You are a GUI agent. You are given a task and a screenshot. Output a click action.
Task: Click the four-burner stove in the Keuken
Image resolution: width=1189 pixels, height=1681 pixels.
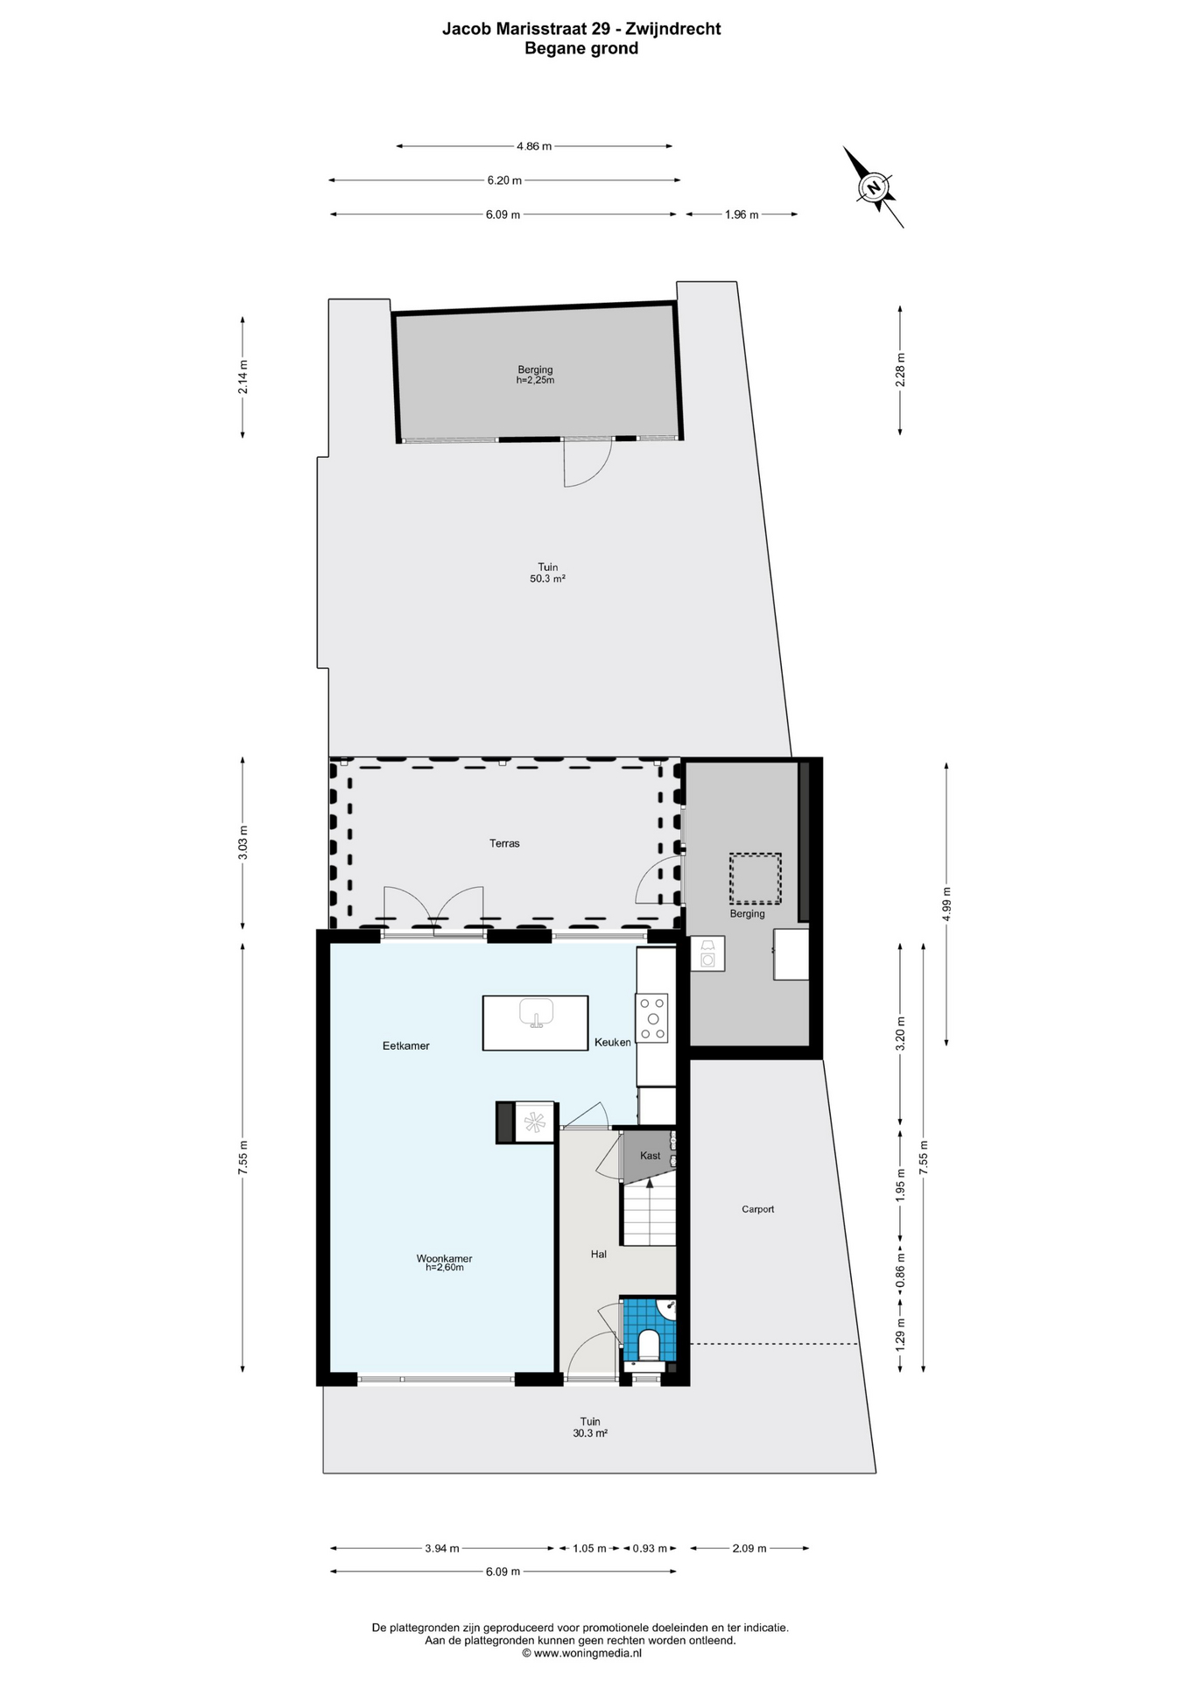click(x=652, y=1018)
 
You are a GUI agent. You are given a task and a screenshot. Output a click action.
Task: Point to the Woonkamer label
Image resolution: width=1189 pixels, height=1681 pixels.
click(x=444, y=1259)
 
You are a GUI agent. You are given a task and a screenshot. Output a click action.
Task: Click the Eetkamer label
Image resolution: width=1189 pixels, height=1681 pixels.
click(x=406, y=1045)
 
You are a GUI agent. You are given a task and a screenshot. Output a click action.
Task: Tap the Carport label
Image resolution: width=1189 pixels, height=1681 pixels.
click(x=757, y=1209)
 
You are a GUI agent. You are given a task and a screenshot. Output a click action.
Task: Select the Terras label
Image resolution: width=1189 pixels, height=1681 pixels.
click(x=504, y=844)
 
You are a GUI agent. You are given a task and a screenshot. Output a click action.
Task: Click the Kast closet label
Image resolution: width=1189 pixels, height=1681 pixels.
click(x=650, y=1156)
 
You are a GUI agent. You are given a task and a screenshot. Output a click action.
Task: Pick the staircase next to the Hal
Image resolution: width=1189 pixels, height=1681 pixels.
click(x=649, y=1213)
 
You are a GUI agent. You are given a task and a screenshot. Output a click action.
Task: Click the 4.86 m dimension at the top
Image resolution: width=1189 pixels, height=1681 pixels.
click(x=534, y=146)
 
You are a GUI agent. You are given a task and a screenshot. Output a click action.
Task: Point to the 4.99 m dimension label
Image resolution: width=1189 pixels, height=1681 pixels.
click(x=946, y=904)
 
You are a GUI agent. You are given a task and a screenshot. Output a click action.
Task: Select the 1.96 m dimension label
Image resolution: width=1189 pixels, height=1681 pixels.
click(x=742, y=215)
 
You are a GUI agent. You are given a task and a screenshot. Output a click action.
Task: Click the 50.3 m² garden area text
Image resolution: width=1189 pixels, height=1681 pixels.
click(x=547, y=579)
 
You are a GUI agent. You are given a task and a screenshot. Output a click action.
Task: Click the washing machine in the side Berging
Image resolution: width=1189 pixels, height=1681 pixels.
click(x=707, y=954)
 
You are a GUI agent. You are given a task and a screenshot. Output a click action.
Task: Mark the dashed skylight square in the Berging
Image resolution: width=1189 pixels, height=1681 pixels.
click(x=756, y=879)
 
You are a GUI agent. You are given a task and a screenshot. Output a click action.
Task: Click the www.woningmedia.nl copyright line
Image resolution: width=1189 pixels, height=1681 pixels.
click(x=581, y=1653)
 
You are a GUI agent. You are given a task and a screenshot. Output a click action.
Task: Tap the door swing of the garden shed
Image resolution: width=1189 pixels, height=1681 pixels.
click(x=585, y=462)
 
